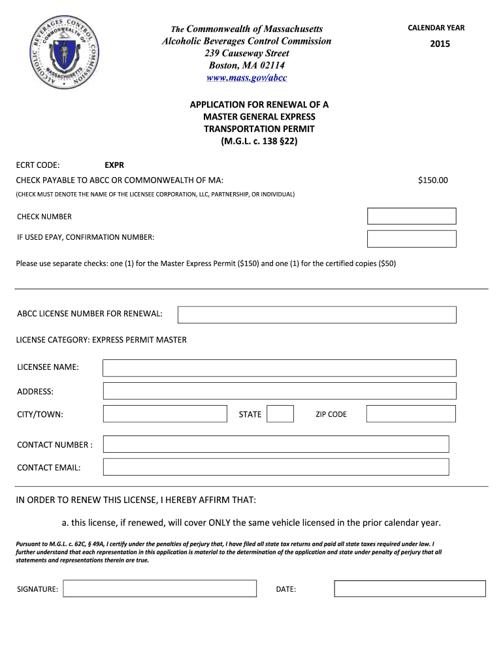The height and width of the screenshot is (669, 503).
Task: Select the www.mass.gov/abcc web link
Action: click(246, 78)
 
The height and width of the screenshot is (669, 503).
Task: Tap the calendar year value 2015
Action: click(440, 44)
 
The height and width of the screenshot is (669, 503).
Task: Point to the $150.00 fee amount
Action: click(433, 180)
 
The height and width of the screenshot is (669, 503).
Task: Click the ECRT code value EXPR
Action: click(114, 165)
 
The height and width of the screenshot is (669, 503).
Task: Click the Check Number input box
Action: click(412, 216)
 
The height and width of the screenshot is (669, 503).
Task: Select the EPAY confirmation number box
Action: click(412, 238)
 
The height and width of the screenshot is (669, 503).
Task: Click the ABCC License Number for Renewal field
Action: click(317, 314)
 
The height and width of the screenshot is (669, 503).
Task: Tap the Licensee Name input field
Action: click(280, 368)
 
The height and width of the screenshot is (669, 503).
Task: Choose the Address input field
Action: click(280, 391)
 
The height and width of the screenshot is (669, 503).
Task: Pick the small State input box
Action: click(281, 414)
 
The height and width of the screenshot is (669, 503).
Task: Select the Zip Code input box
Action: click(411, 414)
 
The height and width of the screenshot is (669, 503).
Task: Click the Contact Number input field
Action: click(276, 444)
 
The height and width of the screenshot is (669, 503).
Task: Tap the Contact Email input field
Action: click(276, 467)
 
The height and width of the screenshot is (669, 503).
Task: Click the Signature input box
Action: click(159, 589)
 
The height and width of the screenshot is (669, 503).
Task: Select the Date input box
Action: click(410, 589)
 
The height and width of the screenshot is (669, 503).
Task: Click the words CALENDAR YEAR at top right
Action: click(436, 28)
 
